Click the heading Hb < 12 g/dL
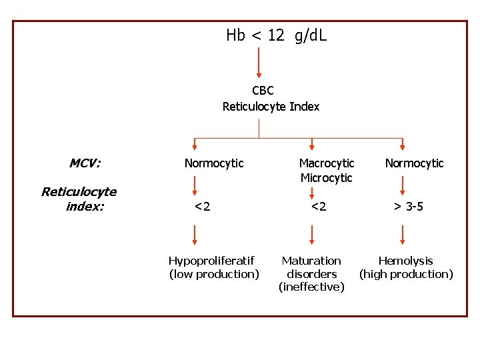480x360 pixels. click(276, 35)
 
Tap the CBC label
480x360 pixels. click(263, 91)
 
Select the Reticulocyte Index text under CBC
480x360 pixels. click(271, 107)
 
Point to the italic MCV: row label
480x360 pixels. click(85, 163)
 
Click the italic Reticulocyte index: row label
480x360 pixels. click(79, 199)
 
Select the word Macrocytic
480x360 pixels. click(326, 163)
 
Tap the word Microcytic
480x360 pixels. click(326, 178)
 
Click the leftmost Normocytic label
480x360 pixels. click(214, 163)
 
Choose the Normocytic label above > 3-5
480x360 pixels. click(414, 163)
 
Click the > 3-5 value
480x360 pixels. click(407, 207)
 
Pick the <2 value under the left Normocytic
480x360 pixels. click(202, 207)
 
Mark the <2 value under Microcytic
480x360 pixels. click(319, 207)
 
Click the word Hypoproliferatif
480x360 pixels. click(211, 261)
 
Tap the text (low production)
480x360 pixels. click(214, 274)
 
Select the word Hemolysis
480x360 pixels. click(405, 261)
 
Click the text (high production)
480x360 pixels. click(406, 274)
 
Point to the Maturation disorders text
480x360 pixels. click(311, 267)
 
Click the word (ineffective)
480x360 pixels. click(311, 287)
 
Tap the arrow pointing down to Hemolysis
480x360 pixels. click(402, 235)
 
